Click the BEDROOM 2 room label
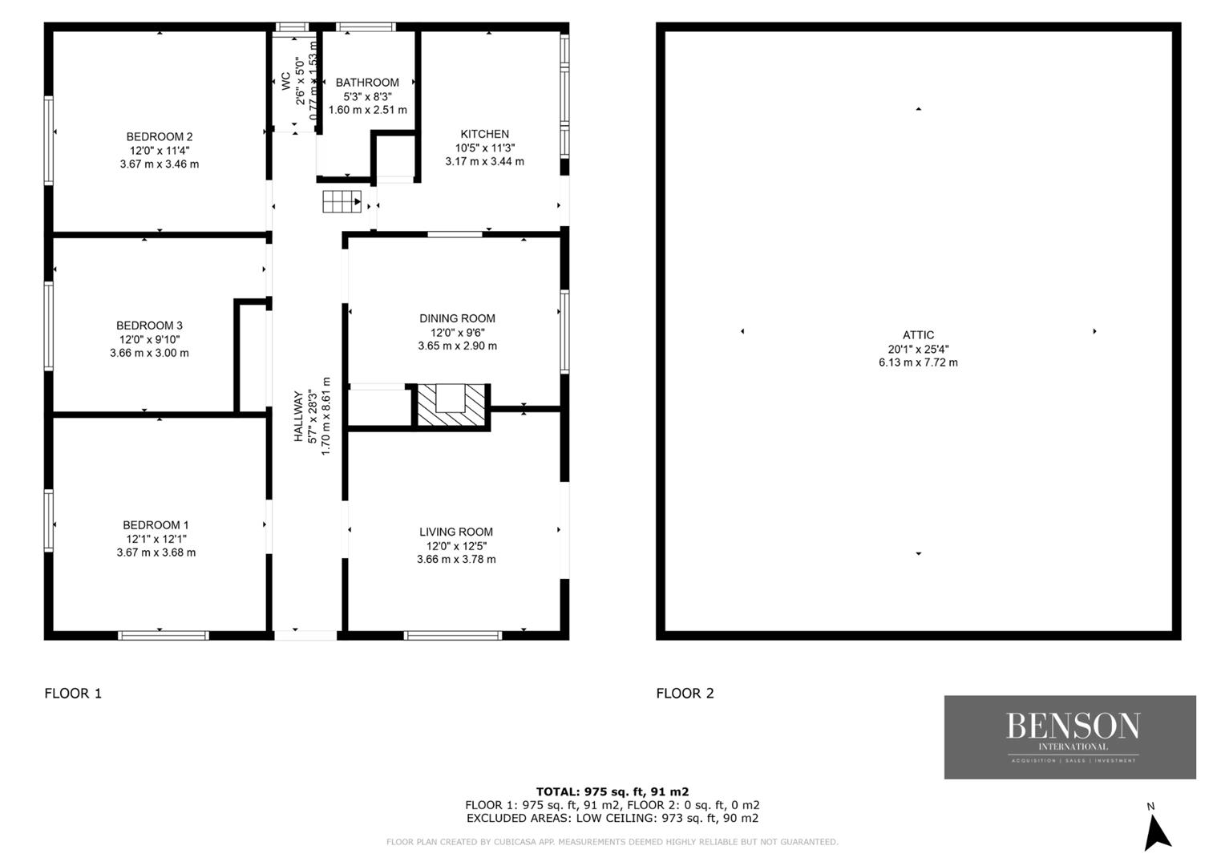(x=160, y=137)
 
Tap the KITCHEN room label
(x=484, y=134)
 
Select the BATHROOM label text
(x=367, y=83)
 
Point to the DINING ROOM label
(x=457, y=318)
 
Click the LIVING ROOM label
(x=456, y=532)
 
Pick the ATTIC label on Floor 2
(x=918, y=335)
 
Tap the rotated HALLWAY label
(x=298, y=416)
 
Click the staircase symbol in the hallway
(x=342, y=201)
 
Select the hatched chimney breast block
(x=451, y=405)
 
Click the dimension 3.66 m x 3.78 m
(x=456, y=559)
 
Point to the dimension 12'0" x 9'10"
(x=149, y=339)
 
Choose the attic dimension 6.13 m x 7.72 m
(x=918, y=362)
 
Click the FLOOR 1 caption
(x=73, y=693)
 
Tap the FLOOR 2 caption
(x=685, y=693)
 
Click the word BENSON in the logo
(x=1073, y=726)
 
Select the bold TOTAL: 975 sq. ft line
(x=612, y=791)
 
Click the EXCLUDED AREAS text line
(x=612, y=818)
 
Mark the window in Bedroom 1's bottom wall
(x=163, y=635)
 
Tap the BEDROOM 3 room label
(x=149, y=326)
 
